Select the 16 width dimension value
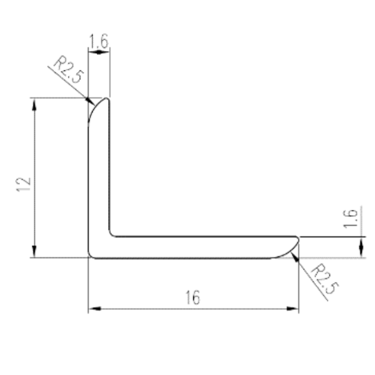coord(192,298)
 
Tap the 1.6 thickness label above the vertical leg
coord(98,42)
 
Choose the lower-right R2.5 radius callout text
coord(326,279)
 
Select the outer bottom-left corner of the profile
coord(91,255)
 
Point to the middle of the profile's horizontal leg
coord(200,247)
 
